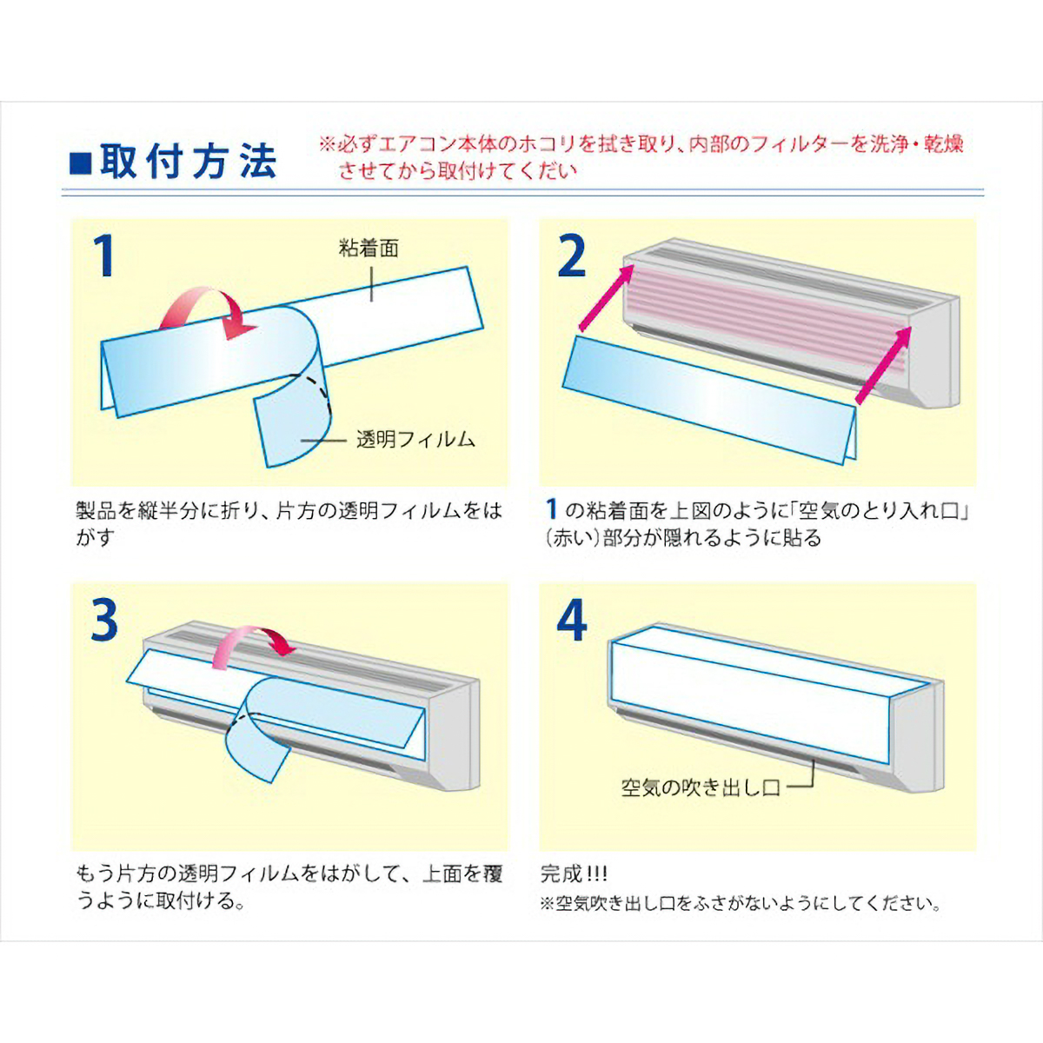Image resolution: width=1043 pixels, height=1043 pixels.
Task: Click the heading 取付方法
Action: [188, 162]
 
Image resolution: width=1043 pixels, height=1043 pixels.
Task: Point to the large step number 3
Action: [104, 620]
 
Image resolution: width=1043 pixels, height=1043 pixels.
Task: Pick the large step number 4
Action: [571, 620]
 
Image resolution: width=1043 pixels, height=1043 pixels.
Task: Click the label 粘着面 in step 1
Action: [369, 249]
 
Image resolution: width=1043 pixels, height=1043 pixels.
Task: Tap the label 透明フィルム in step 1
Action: [415, 440]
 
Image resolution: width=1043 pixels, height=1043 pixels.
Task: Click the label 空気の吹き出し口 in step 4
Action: [701, 787]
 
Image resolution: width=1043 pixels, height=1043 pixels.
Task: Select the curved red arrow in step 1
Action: [209, 309]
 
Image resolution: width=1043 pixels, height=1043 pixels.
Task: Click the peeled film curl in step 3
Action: [261, 739]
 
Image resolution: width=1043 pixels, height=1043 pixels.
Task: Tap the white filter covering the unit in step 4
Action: [747, 695]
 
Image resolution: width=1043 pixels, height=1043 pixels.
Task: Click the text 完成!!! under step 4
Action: [574, 873]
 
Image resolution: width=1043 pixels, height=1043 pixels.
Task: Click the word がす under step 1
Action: [95, 537]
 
